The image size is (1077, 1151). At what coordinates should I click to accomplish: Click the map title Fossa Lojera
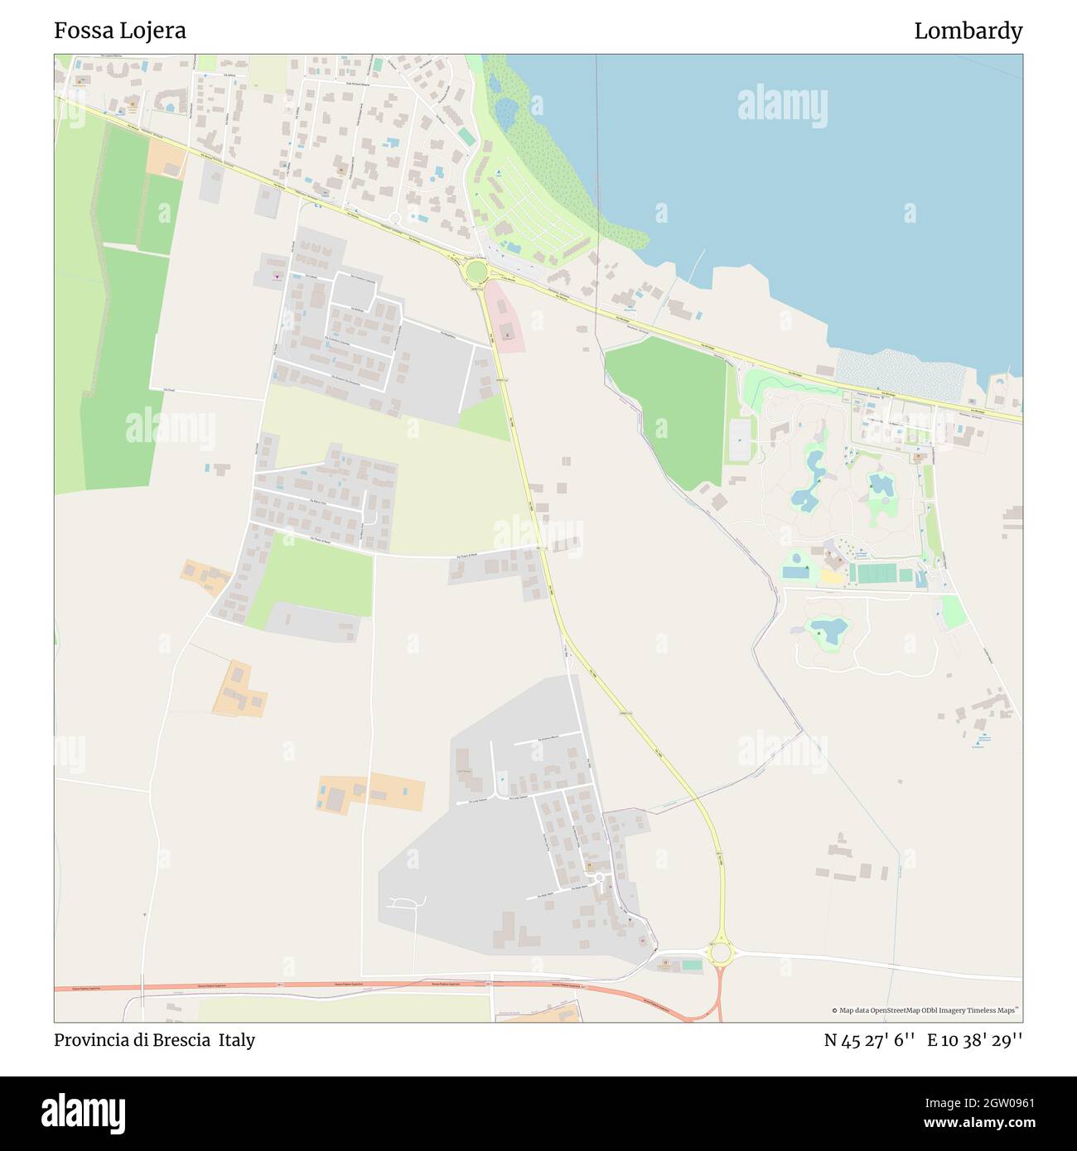click(x=120, y=31)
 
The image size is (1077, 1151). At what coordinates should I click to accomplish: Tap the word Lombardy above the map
click(x=968, y=31)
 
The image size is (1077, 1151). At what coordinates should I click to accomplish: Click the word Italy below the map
click(x=237, y=1040)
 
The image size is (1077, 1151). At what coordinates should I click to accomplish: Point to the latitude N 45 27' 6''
click(x=869, y=1040)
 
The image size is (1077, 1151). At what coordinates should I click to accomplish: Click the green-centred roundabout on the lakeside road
click(x=476, y=272)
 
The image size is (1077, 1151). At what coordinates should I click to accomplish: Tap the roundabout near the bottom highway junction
click(x=721, y=953)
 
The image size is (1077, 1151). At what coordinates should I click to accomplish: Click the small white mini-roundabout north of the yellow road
click(x=394, y=219)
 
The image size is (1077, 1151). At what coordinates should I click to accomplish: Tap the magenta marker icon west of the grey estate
click(x=276, y=277)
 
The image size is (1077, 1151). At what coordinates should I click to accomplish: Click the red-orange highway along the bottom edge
click(x=331, y=985)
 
